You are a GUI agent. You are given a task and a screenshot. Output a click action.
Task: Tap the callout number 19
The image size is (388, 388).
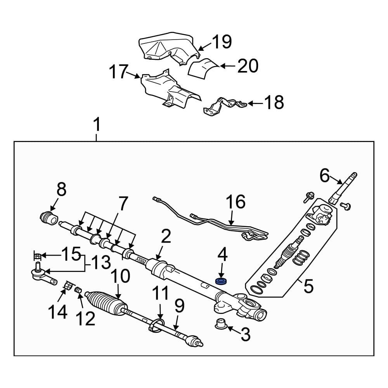(x=222, y=42)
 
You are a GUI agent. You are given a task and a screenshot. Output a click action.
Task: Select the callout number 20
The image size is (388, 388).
(x=248, y=66)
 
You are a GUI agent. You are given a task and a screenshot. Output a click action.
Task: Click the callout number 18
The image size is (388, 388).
(x=274, y=103)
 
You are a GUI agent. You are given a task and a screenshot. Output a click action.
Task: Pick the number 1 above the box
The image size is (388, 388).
(x=97, y=125)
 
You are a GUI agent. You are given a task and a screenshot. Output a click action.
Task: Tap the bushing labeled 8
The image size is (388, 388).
(x=49, y=217)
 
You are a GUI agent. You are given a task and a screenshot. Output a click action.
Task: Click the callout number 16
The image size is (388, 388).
(x=236, y=202)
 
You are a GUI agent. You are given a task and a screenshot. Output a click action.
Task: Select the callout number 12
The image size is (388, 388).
(x=86, y=319)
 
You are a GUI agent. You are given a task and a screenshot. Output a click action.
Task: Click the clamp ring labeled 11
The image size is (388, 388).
(x=156, y=324)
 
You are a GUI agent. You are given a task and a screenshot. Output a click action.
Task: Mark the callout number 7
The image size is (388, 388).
(x=123, y=204)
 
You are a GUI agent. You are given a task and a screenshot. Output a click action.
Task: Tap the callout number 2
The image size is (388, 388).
(x=166, y=237)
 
